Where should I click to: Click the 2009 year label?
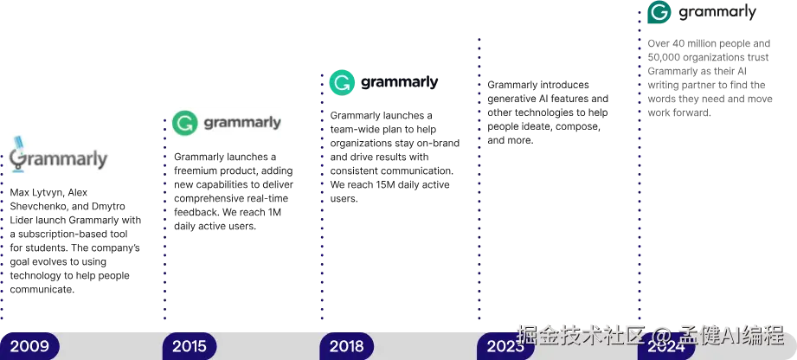point(29,347)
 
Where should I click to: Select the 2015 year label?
point(189,347)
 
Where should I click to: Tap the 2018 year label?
point(346,347)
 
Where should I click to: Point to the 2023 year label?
point(505,347)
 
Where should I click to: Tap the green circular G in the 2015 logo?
point(183,123)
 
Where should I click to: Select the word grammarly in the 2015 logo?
point(242,123)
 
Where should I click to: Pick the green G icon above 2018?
point(342,83)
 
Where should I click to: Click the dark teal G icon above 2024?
point(659,13)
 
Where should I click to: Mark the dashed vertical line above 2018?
point(321,216)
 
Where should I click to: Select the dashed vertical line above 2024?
point(640,173)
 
